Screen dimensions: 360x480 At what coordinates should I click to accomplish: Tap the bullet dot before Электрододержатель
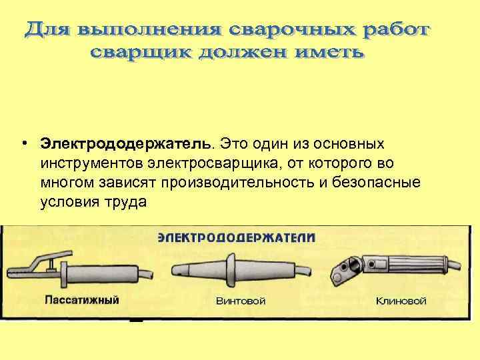point(23,145)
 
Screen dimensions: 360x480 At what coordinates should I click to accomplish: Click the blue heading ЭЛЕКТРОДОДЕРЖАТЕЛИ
point(237,237)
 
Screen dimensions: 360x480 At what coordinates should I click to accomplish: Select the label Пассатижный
point(82,300)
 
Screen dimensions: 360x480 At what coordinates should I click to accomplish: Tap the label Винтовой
point(241,301)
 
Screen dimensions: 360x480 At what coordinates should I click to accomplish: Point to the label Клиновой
point(401,301)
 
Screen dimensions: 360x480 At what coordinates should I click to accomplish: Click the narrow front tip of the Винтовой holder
point(181,269)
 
